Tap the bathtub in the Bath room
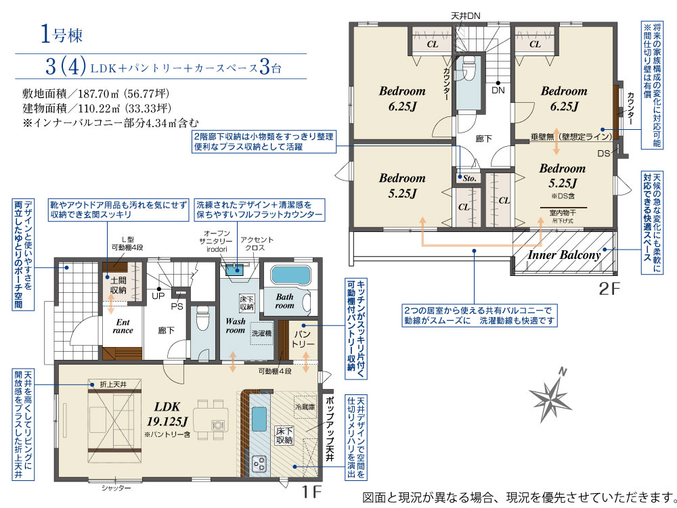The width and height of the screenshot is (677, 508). (290, 275)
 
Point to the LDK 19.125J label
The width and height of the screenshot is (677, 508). (167, 414)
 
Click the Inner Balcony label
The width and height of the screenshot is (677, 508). (564, 255)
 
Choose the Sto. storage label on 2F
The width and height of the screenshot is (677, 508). (469, 178)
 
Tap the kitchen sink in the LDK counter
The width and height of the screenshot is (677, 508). (259, 419)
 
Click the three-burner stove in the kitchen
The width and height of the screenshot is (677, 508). (259, 464)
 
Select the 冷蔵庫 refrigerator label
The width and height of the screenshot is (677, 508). (305, 407)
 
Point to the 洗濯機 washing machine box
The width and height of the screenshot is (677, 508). (261, 333)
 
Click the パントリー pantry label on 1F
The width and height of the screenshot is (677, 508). (303, 340)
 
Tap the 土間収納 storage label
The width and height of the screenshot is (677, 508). (118, 285)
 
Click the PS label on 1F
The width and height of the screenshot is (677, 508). (177, 306)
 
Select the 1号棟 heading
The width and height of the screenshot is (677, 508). (62, 34)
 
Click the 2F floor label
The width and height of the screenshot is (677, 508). (609, 289)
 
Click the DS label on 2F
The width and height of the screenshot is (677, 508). (604, 154)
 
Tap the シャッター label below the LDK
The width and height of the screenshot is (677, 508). (116, 488)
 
